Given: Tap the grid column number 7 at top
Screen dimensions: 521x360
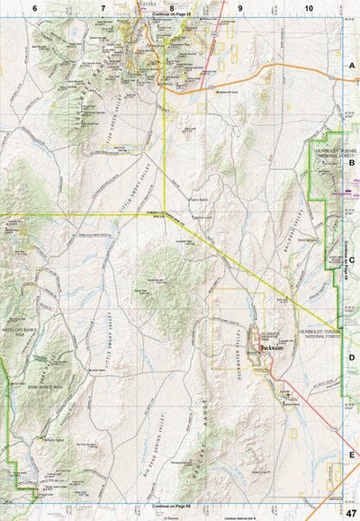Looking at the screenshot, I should click(x=103, y=7).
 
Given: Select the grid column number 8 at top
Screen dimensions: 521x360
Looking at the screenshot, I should click(x=171, y=7).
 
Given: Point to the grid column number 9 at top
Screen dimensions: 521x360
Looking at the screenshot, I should click(x=240, y=7).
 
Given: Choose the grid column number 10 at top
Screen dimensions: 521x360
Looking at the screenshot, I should click(x=309, y=7).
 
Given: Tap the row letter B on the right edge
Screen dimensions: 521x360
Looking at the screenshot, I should click(x=352, y=164).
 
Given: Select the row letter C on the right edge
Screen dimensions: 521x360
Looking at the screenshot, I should click(x=352, y=261).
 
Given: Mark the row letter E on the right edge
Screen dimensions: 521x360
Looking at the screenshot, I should click(x=352, y=455).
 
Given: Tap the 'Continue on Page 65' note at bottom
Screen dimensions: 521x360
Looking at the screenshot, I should click(x=171, y=508).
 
